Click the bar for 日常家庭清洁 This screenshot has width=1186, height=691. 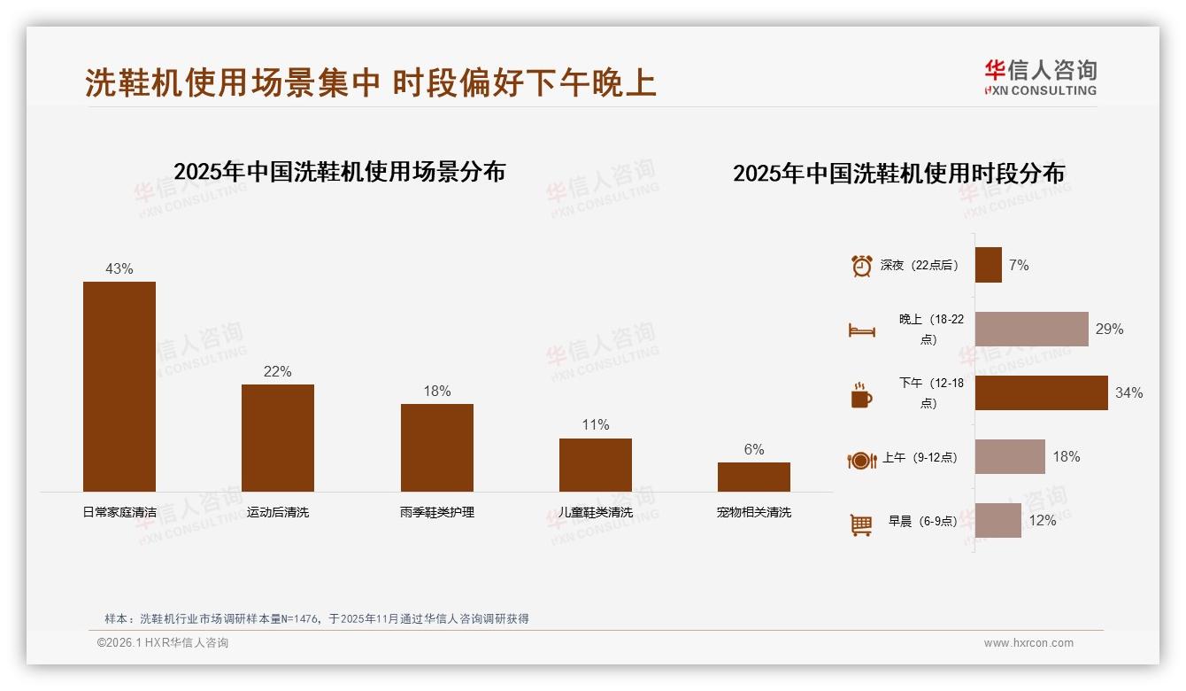click(119, 386)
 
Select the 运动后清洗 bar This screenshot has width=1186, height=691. click(278, 438)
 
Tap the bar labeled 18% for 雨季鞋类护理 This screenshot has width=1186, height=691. click(437, 447)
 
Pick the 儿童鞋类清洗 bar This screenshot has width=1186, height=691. click(596, 465)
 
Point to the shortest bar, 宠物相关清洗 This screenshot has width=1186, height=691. click(754, 477)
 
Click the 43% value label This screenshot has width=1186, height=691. click(119, 268)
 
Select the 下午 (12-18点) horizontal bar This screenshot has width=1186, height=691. click(1042, 392)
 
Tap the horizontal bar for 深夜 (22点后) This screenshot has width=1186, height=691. click(989, 265)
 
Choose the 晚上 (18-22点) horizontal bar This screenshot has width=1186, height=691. click(1032, 329)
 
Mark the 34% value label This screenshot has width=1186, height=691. click(1128, 392)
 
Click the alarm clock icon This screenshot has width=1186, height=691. click(862, 266)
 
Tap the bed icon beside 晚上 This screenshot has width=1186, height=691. click(862, 330)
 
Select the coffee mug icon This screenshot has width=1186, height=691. click(861, 395)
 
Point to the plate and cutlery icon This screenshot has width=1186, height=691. click(862, 460)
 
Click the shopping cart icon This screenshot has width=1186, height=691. click(861, 524)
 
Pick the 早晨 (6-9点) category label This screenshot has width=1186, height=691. click(922, 521)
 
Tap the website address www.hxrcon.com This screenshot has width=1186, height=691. click(1028, 643)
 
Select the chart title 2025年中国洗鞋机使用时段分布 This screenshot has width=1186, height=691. click(898, 173)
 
